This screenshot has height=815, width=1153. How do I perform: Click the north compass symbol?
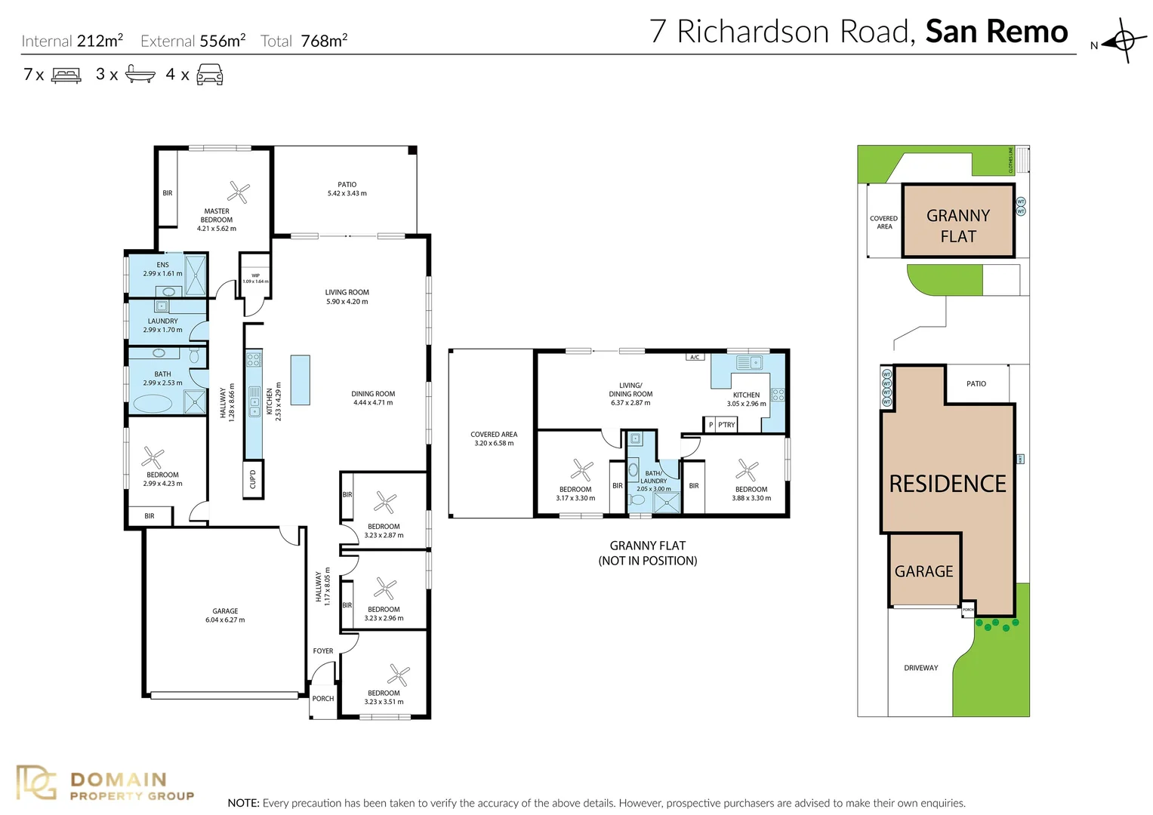click(x=1122, y=41)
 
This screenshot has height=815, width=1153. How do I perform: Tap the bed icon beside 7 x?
click(x=66, y=75)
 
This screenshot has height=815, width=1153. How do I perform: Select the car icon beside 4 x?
click(x=209, y=75)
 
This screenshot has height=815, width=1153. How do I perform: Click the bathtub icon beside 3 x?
click(x=140, y=74)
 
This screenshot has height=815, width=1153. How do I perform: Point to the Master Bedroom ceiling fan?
click(x=239, y=192)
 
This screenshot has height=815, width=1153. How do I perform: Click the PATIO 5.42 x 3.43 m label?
click(x=347, y=189)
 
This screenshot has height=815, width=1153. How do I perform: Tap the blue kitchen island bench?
click(x=301, y=380)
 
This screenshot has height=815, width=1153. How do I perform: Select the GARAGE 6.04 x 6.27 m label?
click(x=225, y=615)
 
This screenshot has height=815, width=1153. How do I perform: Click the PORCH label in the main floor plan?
click(x=323, y=699)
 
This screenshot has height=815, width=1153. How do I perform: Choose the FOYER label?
click(x=323, y=650)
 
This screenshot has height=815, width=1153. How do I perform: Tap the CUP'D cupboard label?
click(x=253, y=478)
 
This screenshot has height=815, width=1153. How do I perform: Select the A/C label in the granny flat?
click(x=695, y=357)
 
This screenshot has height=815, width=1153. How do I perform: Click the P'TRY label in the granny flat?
click(x=726, y=425)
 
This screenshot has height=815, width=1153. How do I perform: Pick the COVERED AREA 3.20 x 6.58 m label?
click(x=494, y=438)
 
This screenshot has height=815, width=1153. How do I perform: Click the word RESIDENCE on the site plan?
click(x=948, y=484)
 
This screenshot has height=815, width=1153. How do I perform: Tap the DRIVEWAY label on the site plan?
click(x=920, y=668)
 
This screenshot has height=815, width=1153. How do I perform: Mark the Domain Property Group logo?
click(x=106, y=785)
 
